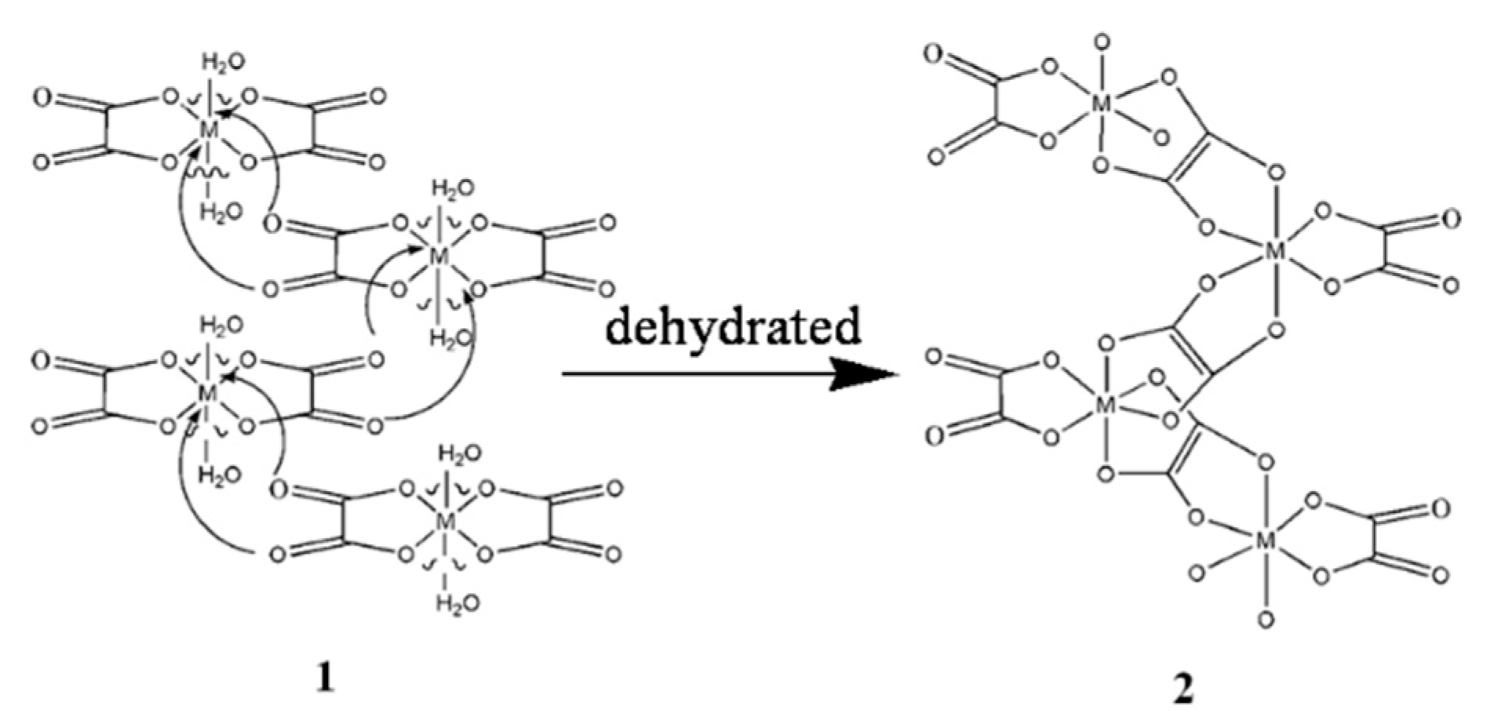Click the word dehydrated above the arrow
(x=733, y=328)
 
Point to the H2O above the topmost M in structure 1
(x=223, y=62)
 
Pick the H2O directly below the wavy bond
(x=220, y=212)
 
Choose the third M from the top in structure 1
(x=208, y=393)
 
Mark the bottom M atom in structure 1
(x=445, y=520)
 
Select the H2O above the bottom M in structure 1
(x=459, y=453)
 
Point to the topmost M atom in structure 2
(x=1102, y=103)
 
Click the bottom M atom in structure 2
(x=1265, y=540)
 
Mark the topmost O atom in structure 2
(x=1102, y=42)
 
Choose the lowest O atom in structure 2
(x=1265, y=620)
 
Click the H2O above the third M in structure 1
(x=220, y=325)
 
